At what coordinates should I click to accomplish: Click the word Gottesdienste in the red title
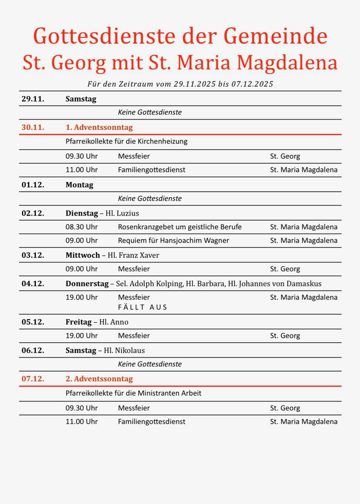pos(104,36)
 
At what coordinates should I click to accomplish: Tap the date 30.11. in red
pos(33,127)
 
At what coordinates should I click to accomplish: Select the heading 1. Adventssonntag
pos(99,127)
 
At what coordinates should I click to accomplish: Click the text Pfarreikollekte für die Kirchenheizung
pos(126,141)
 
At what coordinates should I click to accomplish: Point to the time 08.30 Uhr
pos(82,227)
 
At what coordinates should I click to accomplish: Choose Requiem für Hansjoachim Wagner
pos(173,241)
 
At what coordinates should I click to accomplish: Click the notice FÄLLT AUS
pos(142,307)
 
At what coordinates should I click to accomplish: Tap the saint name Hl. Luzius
pos(122,213)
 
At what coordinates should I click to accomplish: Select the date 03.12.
pos(33,255)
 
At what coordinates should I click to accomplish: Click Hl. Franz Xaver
pos(134,255)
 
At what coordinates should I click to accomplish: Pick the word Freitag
pos(79,322)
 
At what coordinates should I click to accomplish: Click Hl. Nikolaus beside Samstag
pos(124,350)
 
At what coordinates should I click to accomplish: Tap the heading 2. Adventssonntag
pos(99,379)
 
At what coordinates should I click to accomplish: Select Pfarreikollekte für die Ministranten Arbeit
pos(133,393)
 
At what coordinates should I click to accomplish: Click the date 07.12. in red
pos(33,379)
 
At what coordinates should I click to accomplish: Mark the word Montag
pos(79,185)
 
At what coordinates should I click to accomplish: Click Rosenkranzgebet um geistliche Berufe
pos(180,227)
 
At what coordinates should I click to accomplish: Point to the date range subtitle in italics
pos(180,84)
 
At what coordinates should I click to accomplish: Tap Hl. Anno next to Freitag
pos(114,322)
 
